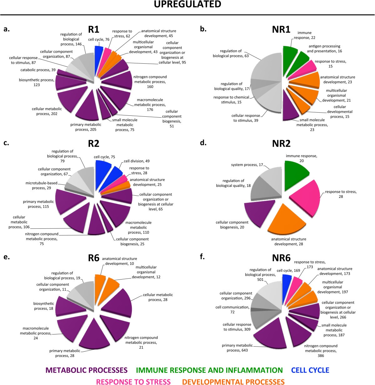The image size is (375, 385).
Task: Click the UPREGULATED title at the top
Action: tap(187, 4)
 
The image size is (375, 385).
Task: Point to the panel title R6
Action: tap(93, 258)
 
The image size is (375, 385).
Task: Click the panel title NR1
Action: tap(281, 30)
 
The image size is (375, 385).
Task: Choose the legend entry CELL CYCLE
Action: tap(310, 370)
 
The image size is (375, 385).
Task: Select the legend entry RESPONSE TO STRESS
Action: tap(133, 382)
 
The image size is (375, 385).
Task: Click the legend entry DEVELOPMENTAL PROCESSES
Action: tap(233, 382)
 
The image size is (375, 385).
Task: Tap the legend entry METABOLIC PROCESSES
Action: tap(87, 370)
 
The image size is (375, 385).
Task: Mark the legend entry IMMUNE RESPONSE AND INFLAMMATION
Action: tap(209, 370)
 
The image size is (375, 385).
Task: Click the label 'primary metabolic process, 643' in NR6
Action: tap(235, 348)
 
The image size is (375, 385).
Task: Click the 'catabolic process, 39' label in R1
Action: tap(38, 70)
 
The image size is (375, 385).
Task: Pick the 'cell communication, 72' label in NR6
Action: tap(232, 309)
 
